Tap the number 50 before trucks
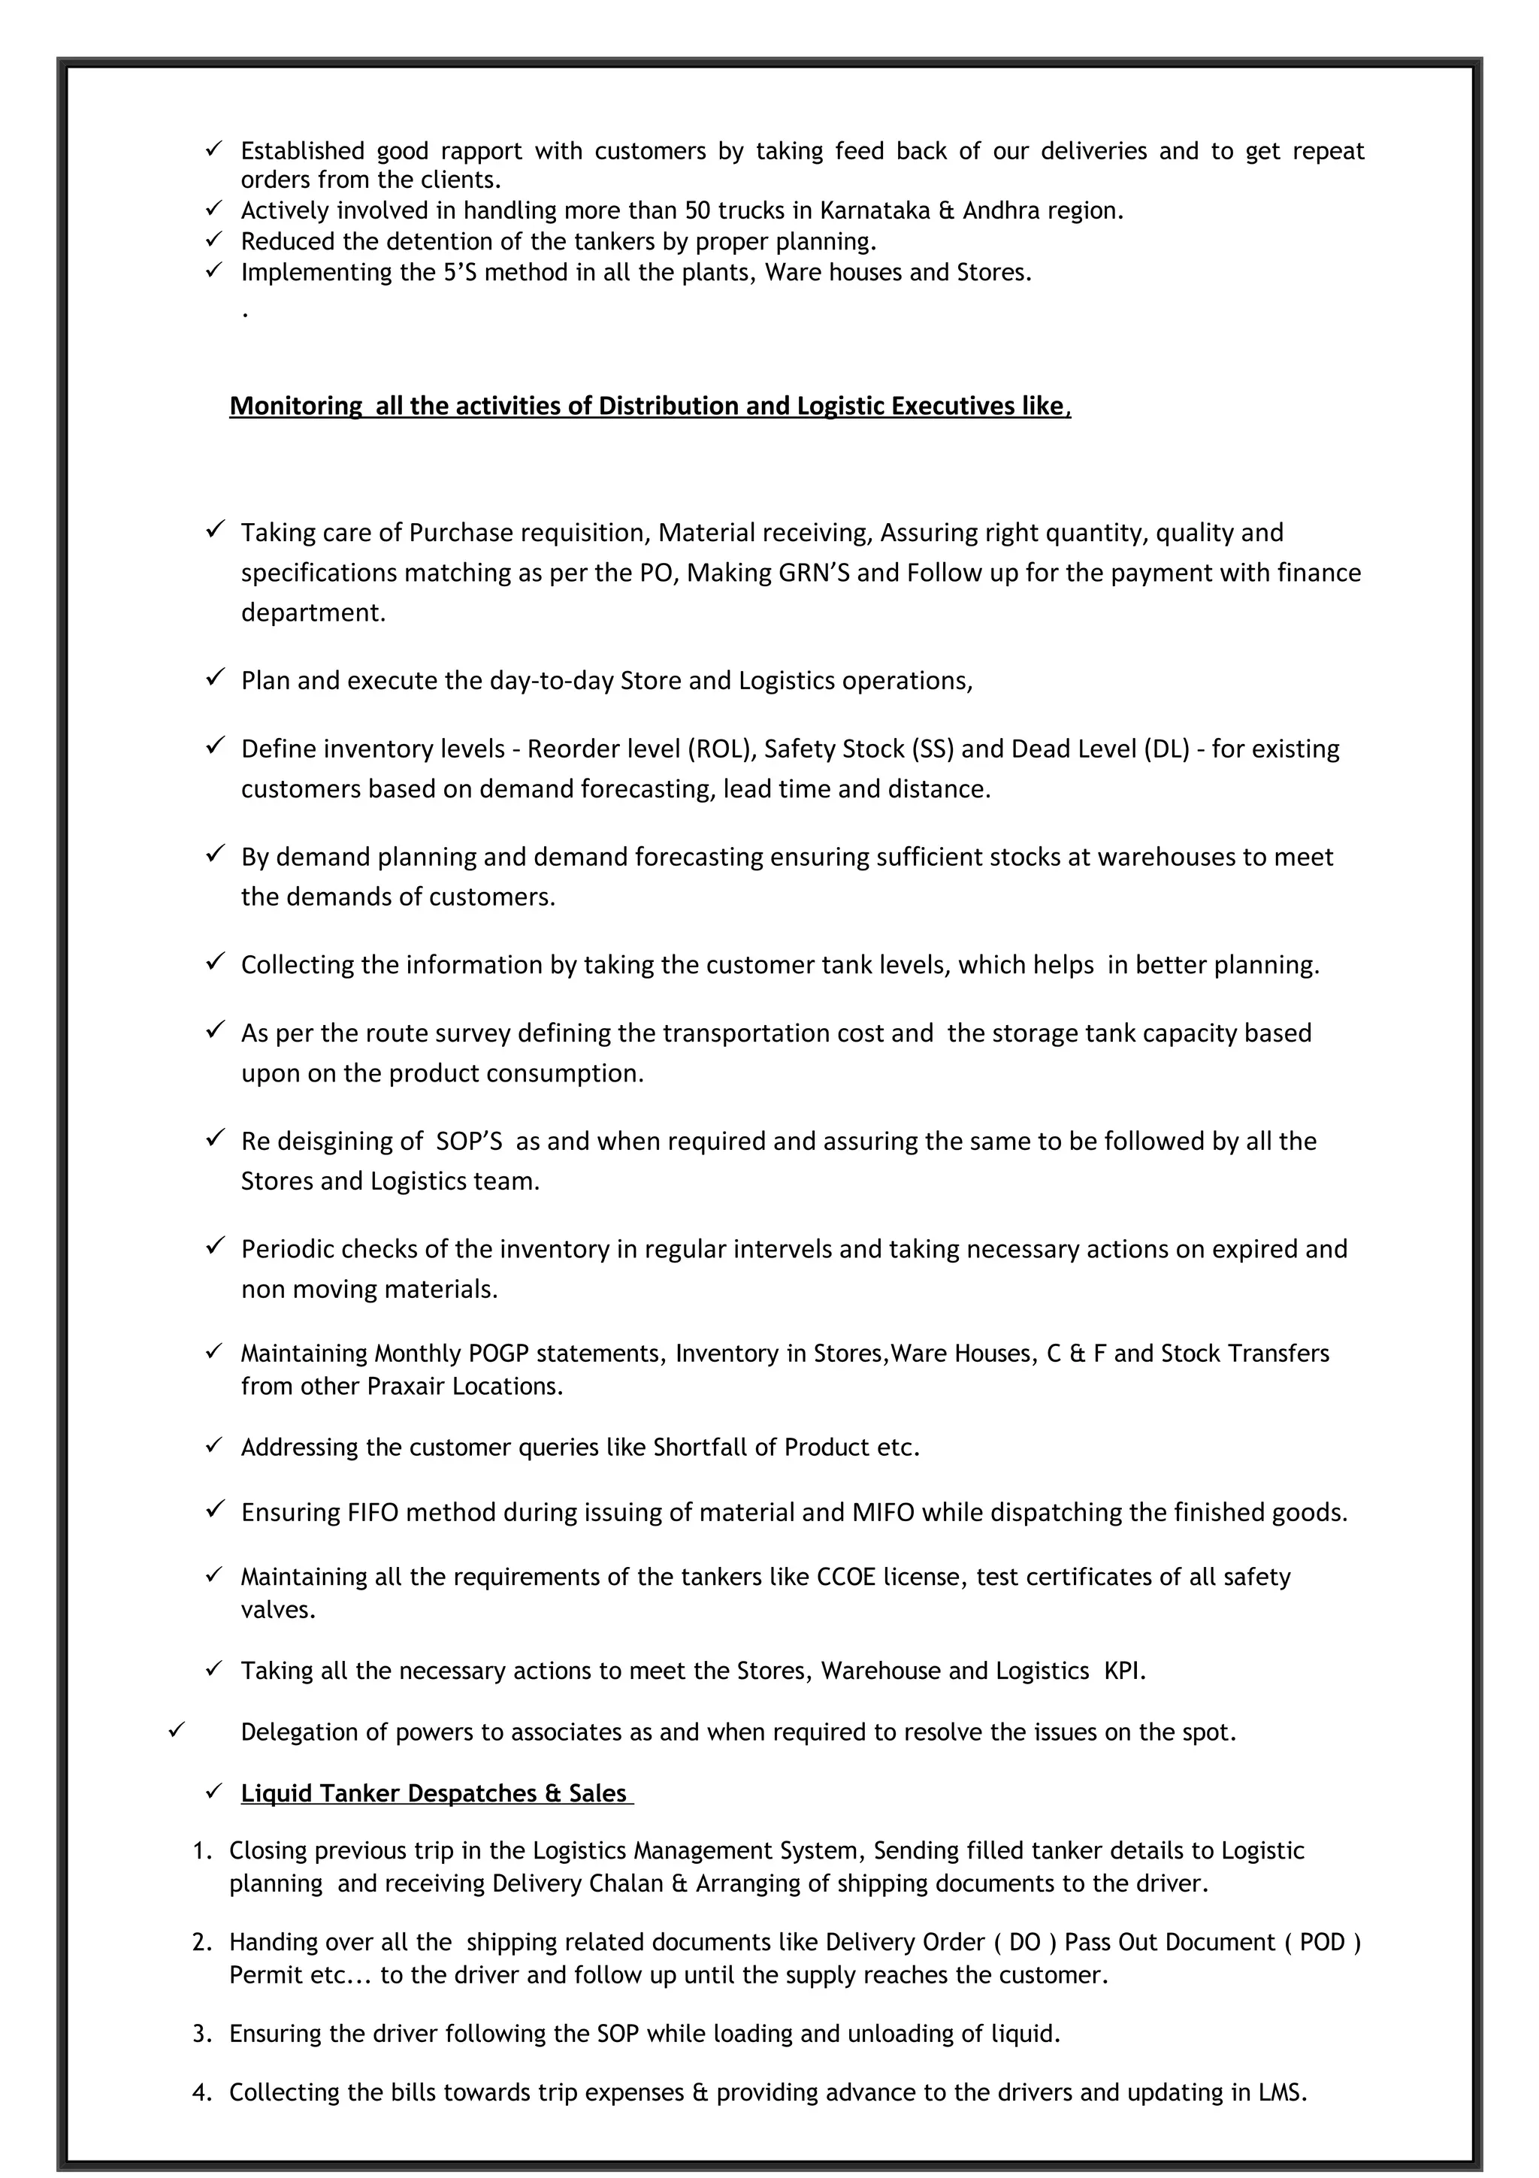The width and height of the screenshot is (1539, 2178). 699,210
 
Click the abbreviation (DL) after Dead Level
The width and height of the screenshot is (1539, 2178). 1166,749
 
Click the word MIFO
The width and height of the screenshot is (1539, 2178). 883,1512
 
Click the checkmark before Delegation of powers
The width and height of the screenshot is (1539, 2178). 175,1730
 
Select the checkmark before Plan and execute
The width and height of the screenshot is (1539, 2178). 214,677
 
